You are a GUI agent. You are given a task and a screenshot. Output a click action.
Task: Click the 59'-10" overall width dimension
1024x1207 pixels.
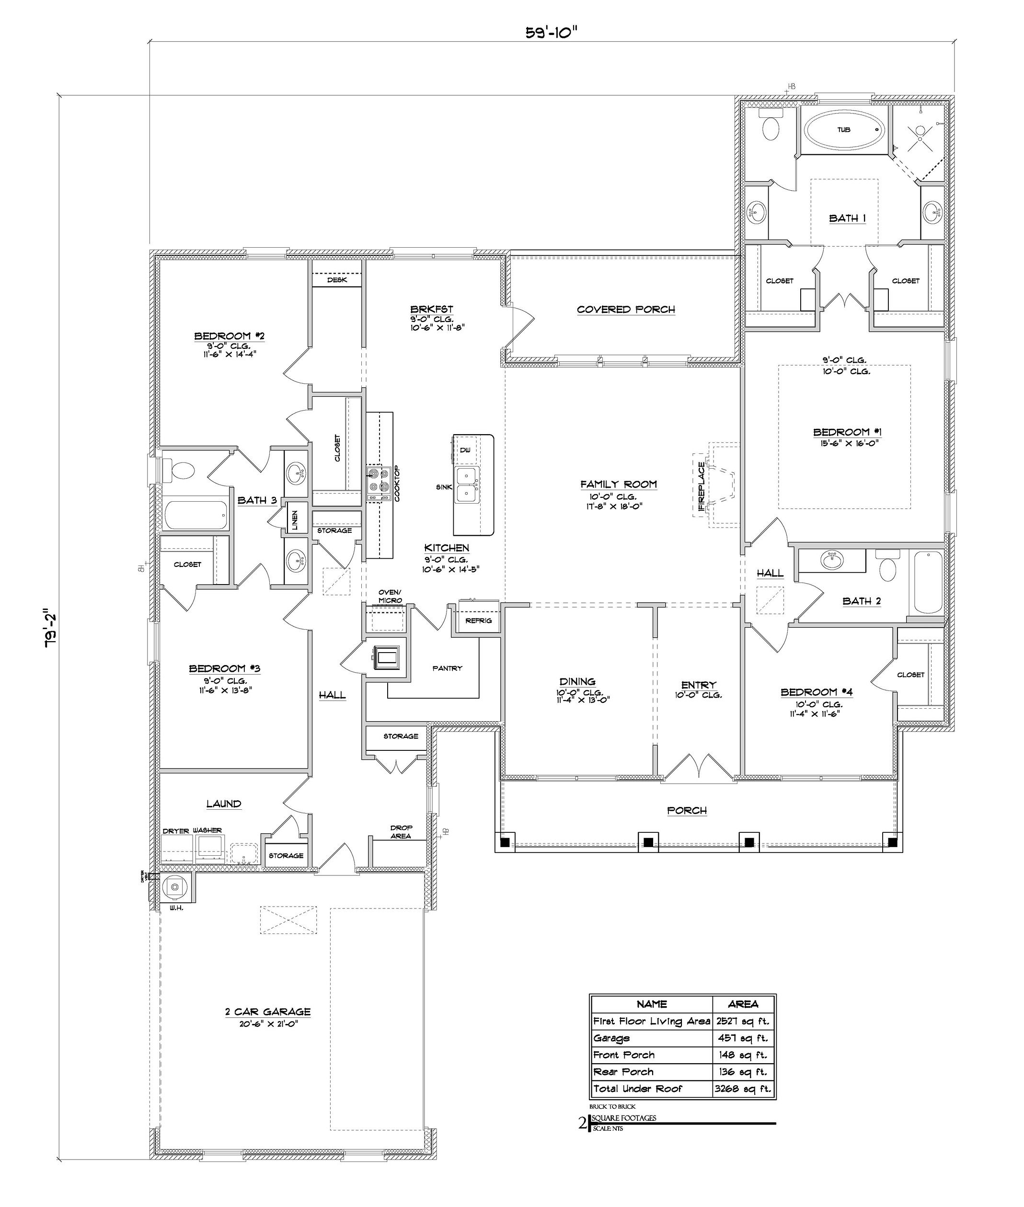pos(551,33)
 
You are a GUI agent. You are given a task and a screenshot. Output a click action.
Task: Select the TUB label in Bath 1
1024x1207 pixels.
pos(843,129)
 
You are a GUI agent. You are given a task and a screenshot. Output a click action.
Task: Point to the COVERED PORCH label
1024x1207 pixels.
pos(626,310)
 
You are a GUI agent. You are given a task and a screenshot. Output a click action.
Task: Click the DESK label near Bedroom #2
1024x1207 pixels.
pos(337,280)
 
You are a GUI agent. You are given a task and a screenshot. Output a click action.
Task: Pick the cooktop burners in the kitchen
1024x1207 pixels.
pos(378,480)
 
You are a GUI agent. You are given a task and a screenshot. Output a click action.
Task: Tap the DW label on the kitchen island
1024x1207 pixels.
pos(465,450)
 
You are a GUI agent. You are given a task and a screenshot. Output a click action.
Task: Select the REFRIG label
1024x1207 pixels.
pos(478,621)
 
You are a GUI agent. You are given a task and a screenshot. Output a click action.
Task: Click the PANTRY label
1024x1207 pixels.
pos(447,668)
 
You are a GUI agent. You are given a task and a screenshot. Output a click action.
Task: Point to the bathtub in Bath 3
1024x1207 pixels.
pos(196,515)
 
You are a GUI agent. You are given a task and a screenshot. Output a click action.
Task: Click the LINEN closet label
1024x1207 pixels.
pos(295,520)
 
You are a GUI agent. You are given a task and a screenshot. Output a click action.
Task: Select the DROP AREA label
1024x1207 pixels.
pos(401,832)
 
